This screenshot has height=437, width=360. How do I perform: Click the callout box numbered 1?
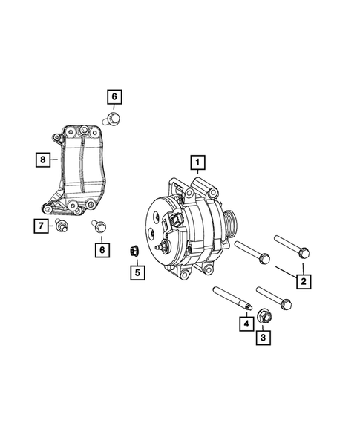(x=197, y=161)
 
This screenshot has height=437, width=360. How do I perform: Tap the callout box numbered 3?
(x=262, y=339)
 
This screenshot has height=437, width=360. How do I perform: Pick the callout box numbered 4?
(x=243, y=323)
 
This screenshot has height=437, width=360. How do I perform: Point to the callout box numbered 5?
(x=137, y=273)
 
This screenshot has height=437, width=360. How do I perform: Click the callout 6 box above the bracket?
(x=114, y=96)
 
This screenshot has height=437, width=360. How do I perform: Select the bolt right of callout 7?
(x=61, y=226)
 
